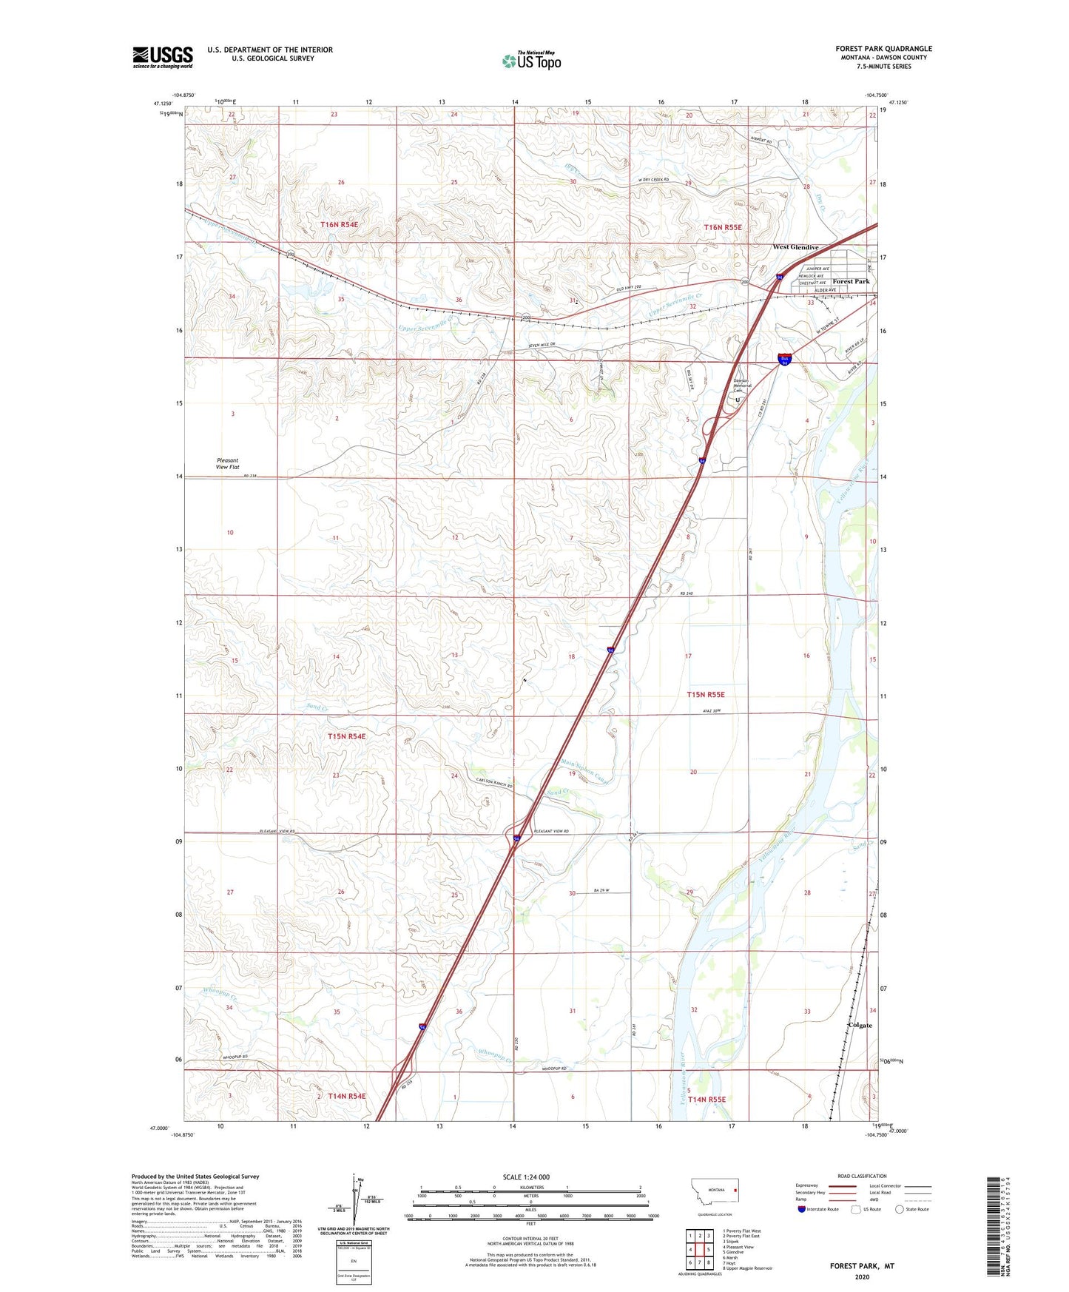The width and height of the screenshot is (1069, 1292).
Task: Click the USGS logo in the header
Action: pyautogui.click(x=163, y=57)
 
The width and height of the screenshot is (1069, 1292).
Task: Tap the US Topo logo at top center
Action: pyautogui.click(x=531, y=60)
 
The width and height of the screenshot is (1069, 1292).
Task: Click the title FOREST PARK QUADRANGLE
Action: pyautogui.click(x=883, y=49)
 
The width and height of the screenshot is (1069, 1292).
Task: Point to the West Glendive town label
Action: pyautogui.click(x=795, y=247)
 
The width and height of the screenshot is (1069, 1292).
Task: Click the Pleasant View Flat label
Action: pyautogui.click(x=227, y=464)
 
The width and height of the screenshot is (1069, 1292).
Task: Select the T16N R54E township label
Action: pyautogui.click(x=339, y=224)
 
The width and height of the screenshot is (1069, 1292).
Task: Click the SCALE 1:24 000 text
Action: pyautogui.click(x=526, y=1177)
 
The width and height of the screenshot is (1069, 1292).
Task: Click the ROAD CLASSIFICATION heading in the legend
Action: pyautogui.click(x=862, y=1176)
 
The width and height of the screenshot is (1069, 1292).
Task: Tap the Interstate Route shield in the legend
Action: pyautogui.click(x=802, y=1209)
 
